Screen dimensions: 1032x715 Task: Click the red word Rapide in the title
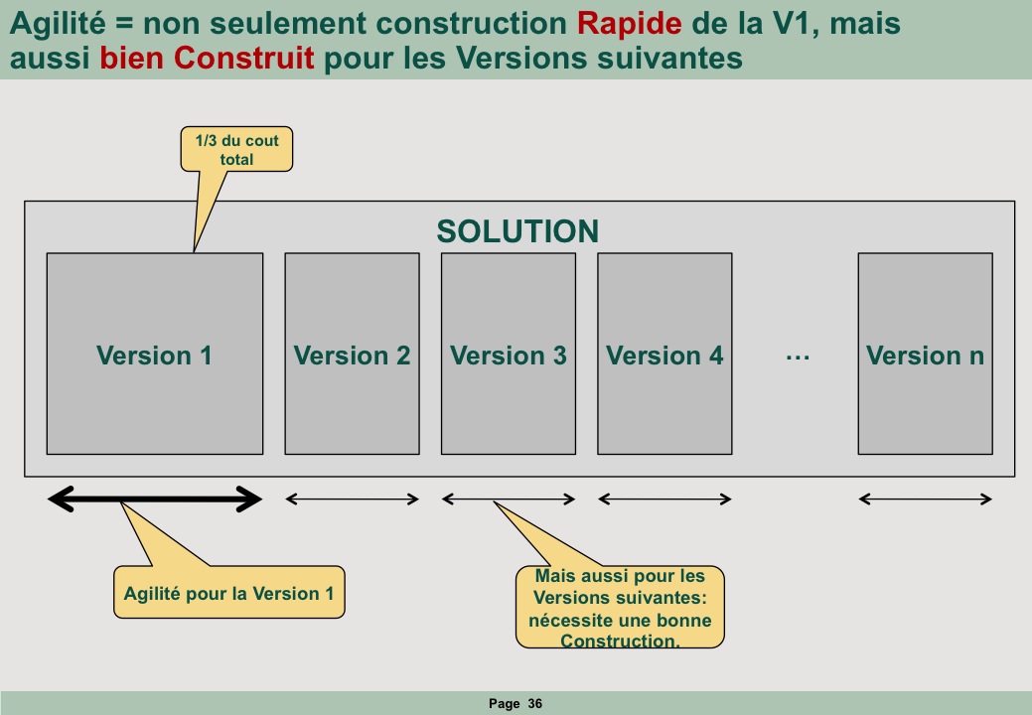(x=629, y=25)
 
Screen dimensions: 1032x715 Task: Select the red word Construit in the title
(x=244, y=58)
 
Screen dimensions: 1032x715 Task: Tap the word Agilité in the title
(x=58, y=25)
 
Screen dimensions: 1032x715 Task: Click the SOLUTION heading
(x=517, y=231)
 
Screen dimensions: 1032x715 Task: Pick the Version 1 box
(x=155, y=354)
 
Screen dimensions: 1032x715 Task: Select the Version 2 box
(x=353, y=354)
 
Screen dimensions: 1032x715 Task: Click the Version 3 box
(x=509, y=354)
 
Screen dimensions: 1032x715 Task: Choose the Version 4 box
(x=664, y=354)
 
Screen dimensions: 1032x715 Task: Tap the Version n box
(x=926, y=354)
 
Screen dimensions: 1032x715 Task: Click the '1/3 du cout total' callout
(x=237, y=149)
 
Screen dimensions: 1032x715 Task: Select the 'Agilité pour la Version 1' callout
(x=229, y=592)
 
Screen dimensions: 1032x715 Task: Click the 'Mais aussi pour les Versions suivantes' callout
(x=620, y=607)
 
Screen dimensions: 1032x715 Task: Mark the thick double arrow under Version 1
(x=155, y=500)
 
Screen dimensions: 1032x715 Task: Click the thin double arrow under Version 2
(x=353, y=500)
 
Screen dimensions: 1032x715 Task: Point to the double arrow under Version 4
(x=664, y=500)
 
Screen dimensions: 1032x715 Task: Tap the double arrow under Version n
(x=926, y=500)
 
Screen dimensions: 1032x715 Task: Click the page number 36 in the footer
(x=535, y=704)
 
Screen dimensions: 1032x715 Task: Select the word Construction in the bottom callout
(x=620, y=641)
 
